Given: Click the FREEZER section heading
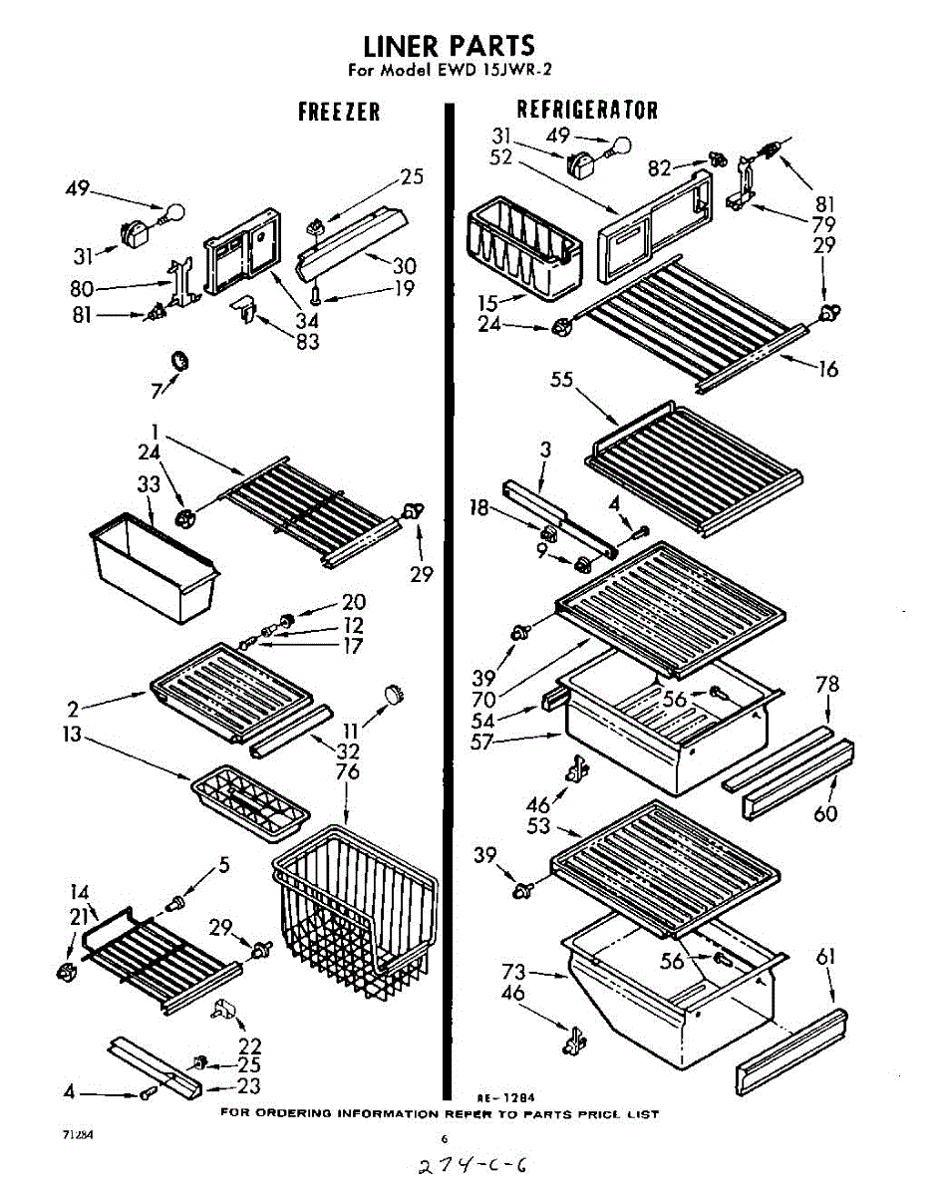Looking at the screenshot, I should click(x=339, y=112).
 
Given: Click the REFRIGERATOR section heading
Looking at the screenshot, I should click(x=586, y=109).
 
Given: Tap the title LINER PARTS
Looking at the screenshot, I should click(x=449, y=46).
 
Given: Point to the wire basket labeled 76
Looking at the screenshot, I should click(x=354, y=912).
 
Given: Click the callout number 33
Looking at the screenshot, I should click(x=150, y=485).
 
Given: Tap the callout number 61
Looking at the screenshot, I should click(x=826, y=958).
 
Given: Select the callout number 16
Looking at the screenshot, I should click(x=827, y=370).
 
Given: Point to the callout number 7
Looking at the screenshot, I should click(x=156, y=390).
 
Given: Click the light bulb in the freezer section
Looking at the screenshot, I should click(x=173, y=212).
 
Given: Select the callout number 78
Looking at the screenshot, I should click(x=826, y=685).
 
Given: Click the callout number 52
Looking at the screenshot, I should click(x=501, y=156).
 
